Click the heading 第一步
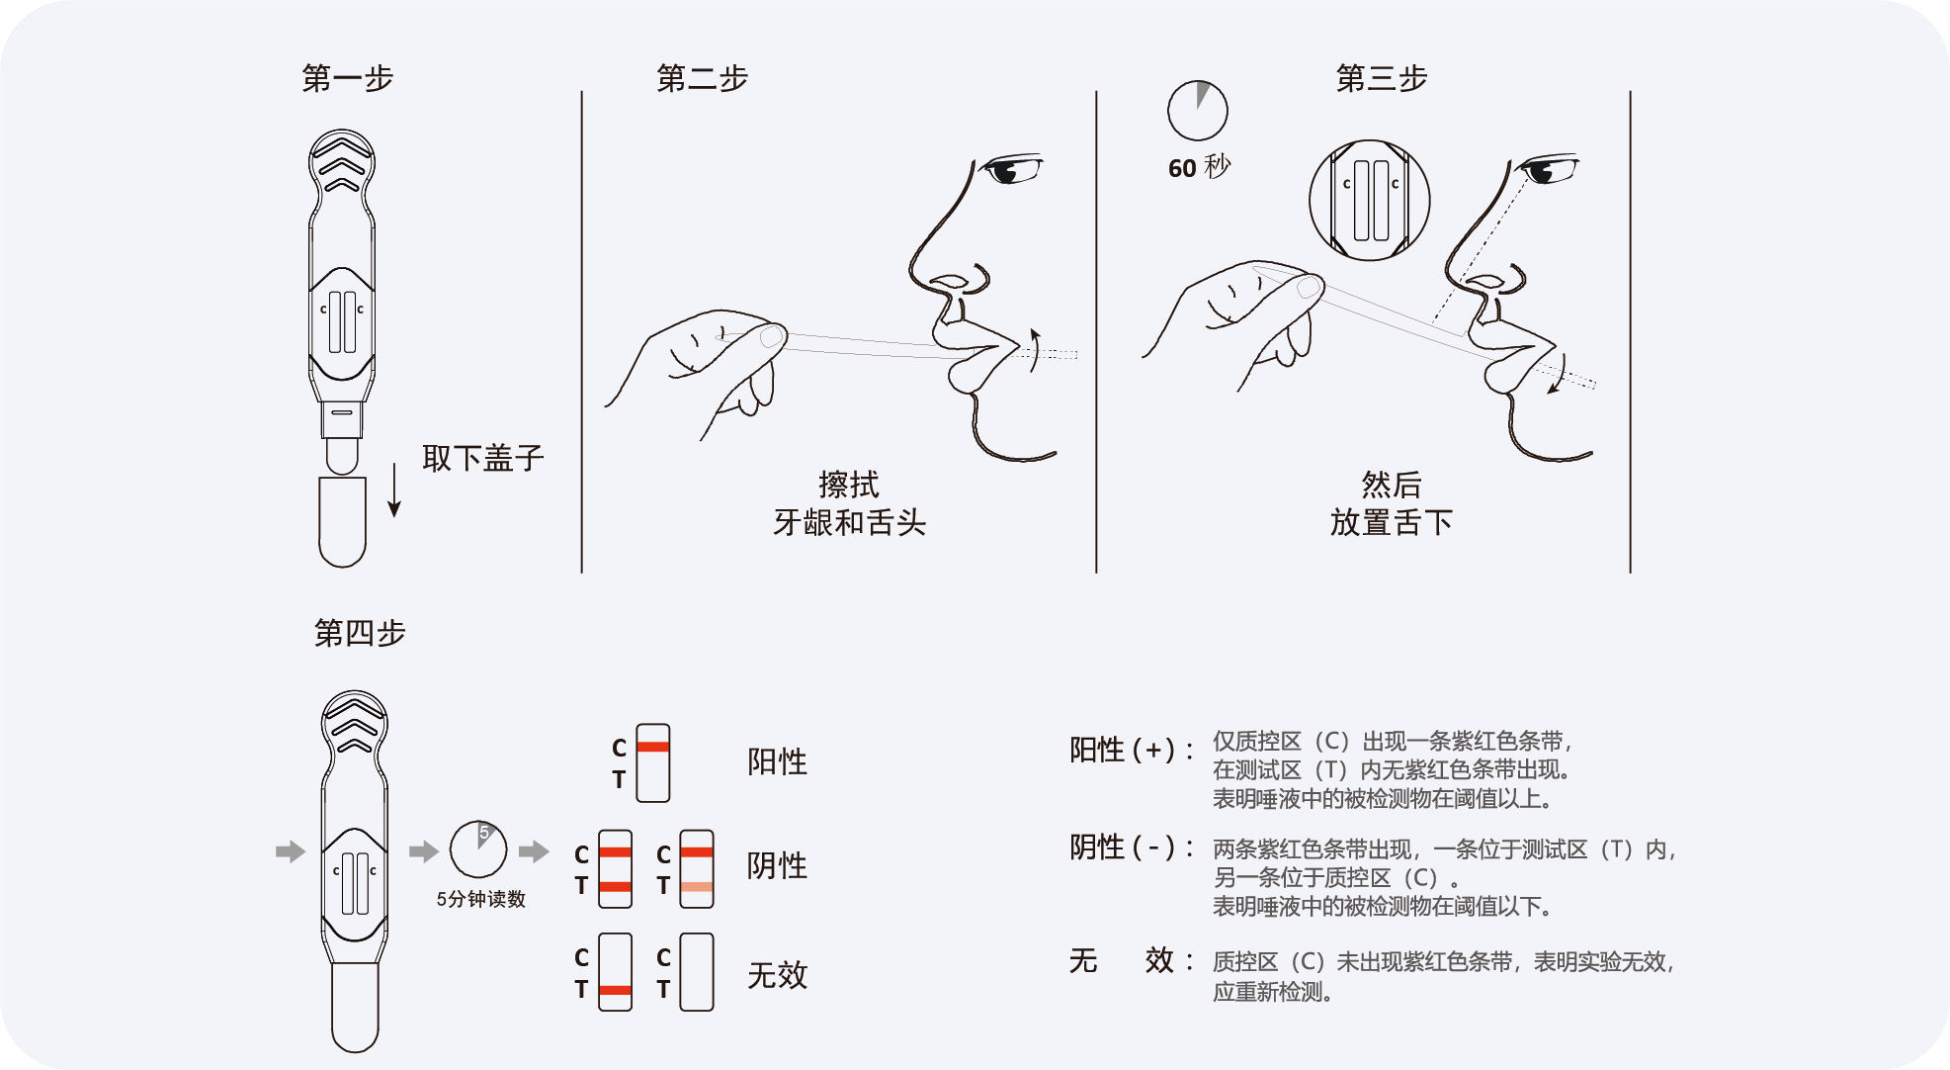click(347, 78)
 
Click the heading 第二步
click(702, 78)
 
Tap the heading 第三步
click(1381, 78)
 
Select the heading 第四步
click(360, 633)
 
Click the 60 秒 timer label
click(1198, 167)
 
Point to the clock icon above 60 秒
click(1197, 111)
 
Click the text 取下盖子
click(482, 458)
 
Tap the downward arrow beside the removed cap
click(394, 490)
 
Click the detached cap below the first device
click(342, 521)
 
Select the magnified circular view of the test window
click(1369, 200)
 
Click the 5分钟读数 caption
click(480, 899)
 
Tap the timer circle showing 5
click(478, 848)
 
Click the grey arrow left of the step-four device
click(290, 851)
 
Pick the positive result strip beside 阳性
click(652, 762)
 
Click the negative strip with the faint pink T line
click(696, 869)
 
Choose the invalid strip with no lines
click(696, 972)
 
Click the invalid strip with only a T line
click(615, 972)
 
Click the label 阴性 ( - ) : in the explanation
click(1131, 847)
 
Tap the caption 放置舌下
click(1391, 522)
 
